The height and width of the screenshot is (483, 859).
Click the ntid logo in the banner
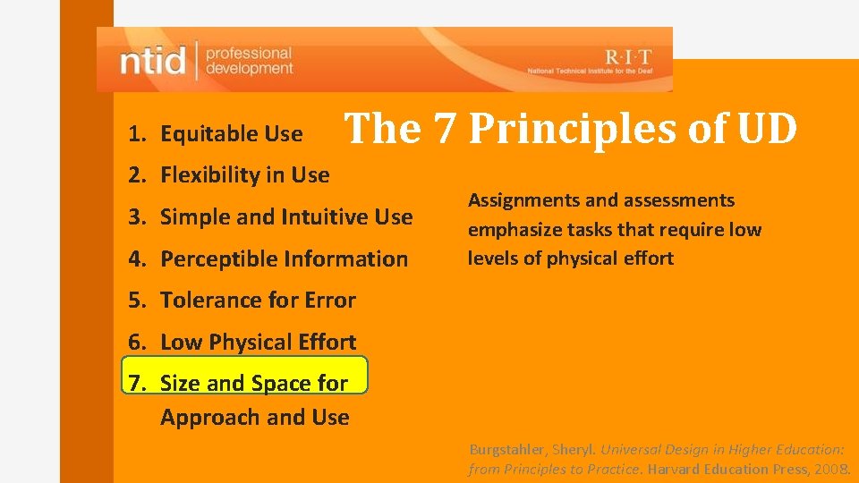[x=153, y=61]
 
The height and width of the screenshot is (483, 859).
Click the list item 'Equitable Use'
[x=231, y=134]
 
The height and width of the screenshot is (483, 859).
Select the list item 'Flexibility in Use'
[x=244, y=175]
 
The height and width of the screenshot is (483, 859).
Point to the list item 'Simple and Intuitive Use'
[x=286, y=216]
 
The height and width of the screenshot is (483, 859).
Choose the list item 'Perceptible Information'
[x=284, y=258]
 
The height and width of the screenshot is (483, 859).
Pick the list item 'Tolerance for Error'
[x=258, y=301]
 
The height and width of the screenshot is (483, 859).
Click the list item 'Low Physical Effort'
[x=258, y=342]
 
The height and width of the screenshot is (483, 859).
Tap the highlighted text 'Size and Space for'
[x=254, y=383]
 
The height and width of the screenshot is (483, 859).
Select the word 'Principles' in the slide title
[x=574, y=129]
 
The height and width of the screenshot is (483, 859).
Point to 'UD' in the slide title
[x=767, y=129]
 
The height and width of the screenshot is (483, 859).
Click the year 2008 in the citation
[x=831, y=469]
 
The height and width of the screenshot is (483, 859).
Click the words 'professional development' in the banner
[x=249, y=61]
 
